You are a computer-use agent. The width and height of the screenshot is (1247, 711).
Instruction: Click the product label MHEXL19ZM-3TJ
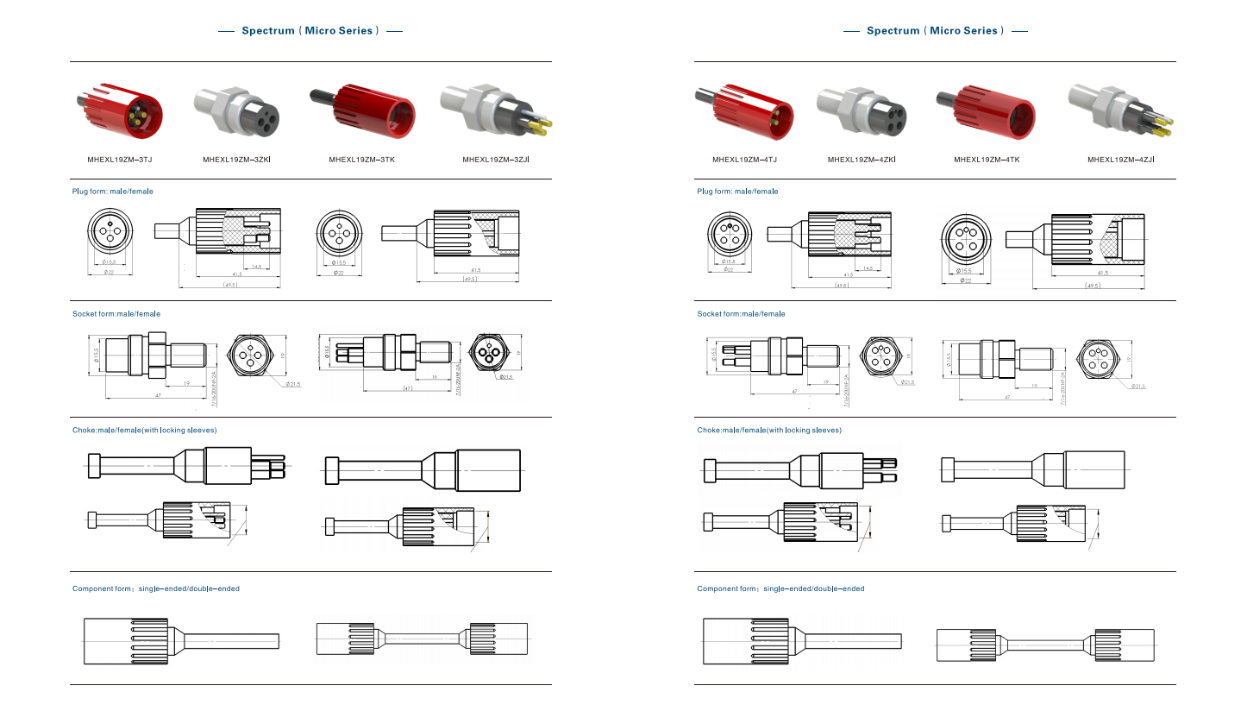[120, 160]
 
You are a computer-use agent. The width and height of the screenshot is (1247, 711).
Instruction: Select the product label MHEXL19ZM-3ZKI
[237, 160]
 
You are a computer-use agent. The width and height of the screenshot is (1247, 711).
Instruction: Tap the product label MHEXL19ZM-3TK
[362, 160]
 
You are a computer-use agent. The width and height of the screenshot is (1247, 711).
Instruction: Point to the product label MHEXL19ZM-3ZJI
[496, 160]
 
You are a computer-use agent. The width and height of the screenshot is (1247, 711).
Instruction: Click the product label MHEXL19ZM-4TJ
[744, 160]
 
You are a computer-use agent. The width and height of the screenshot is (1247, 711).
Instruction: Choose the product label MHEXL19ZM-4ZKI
[862, 160]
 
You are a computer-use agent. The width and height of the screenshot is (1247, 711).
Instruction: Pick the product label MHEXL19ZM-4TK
[987, 160]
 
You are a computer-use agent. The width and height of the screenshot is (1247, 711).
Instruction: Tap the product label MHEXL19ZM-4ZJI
[1120, 160]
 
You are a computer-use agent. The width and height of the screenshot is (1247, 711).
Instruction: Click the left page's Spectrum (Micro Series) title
[310, 31]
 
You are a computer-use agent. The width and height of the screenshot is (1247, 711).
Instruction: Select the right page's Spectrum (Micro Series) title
[935, 31]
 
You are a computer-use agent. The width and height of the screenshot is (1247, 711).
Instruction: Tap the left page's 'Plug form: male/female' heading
[112, 192]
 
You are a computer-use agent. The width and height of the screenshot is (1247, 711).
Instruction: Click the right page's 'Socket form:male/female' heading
[741, 314]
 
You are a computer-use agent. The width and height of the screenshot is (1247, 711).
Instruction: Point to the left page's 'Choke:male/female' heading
[144, 430]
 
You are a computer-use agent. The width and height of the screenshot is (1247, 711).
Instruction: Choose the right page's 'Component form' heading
[780, 588]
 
